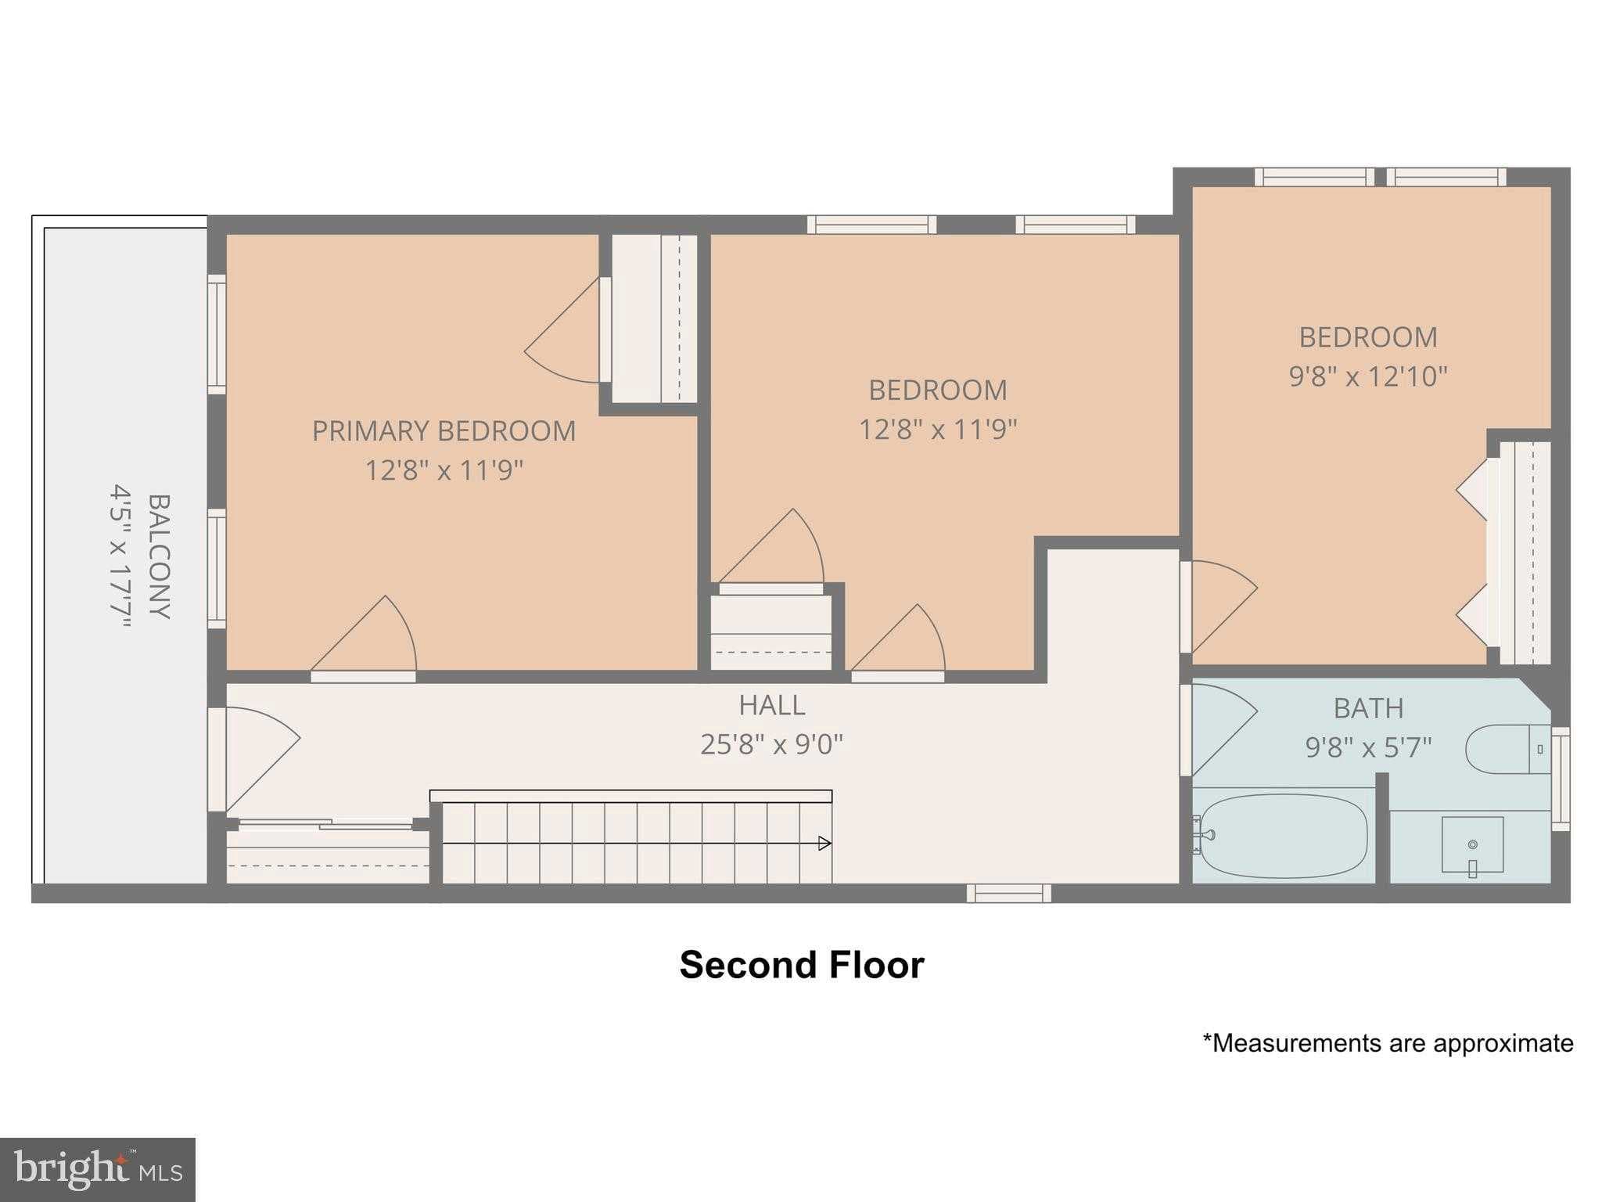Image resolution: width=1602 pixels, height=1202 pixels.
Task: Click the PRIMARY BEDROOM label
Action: [444, 431]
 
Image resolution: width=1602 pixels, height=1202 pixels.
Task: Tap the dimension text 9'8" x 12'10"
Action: [1367, 377]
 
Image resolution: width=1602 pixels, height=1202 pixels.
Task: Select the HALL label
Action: [771, 705]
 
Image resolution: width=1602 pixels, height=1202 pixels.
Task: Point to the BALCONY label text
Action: [159, 556]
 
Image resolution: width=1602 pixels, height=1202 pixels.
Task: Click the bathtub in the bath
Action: [1283, 836]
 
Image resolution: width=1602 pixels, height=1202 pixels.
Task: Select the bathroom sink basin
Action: [1472, 844]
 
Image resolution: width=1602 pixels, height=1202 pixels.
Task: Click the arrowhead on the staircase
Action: [824, 843]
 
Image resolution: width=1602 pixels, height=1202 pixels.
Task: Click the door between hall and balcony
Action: [254, 755]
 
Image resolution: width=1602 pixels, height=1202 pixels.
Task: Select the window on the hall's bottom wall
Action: [1008, 893]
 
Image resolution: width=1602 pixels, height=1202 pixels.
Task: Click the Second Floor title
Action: [801, 965]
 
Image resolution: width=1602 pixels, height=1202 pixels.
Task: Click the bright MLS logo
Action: [97, 1170]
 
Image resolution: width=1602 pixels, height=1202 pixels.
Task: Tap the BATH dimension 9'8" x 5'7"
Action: [1367, 748]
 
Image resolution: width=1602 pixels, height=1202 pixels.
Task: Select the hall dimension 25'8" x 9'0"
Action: [771, 744]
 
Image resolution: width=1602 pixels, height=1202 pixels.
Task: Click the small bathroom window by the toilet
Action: [1560, 778]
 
